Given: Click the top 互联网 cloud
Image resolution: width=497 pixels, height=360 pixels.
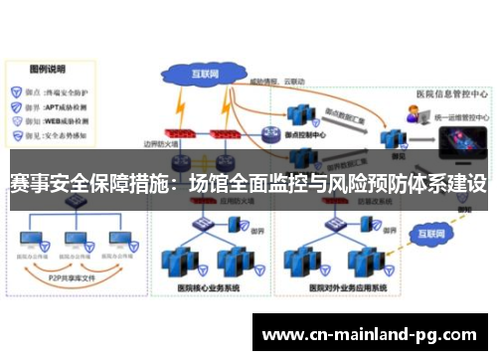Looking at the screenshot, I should pyautogui.click(x=203, y=73).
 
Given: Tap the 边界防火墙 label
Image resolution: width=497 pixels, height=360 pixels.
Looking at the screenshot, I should pyautogui.click(x=160, y=146).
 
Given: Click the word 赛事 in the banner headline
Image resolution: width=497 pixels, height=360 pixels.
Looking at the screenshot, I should pyautogui.click(x=31, y=184).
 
